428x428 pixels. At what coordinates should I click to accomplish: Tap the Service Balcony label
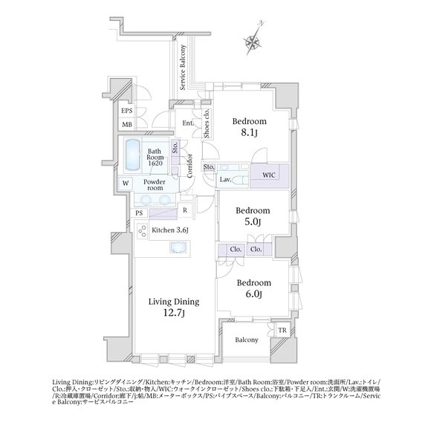pyautogui.click(x=183, y=68)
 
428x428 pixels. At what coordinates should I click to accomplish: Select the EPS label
pyautogui.click(x=126, y=111)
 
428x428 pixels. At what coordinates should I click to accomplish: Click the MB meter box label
pyautogui.click(x=127, y=125)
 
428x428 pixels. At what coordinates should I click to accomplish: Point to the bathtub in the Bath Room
pyautogui.click(x=132, y=155)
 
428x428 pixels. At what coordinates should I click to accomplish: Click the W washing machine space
pyautogui.click(x=126, y=183)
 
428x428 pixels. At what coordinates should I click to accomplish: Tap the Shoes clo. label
pyautogui.click(x=207, y=123)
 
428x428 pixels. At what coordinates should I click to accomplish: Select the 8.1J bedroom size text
pyautogui.click(x=249, y=133)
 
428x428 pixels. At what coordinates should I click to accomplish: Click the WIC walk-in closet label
pyautogui.click(x=268, y=175)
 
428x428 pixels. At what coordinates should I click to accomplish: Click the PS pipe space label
pyautogui.click(x=139, y=213)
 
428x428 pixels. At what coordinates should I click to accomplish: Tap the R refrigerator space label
pyautogui.click(x=185, y=210)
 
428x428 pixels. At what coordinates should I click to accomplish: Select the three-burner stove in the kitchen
pyautogui.click(x=143, y=231)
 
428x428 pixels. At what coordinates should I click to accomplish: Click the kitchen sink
pyautogui.click(x=178, y=248)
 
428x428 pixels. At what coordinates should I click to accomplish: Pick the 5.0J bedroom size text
pyautogui.click(x=252, y=222)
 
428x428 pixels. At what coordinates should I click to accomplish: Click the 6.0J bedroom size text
pyautogui.click(x=253, y=294)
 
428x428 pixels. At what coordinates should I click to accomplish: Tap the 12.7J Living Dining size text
pyautogui.click(x=174, y=313)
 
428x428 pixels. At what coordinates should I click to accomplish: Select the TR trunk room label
pyautogui.click(x=282, y=331)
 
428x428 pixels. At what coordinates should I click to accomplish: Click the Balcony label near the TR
pyautogui.click(x=247, y=340)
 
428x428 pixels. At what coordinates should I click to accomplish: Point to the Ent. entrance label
pyautogui.click(x=187, y=123)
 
